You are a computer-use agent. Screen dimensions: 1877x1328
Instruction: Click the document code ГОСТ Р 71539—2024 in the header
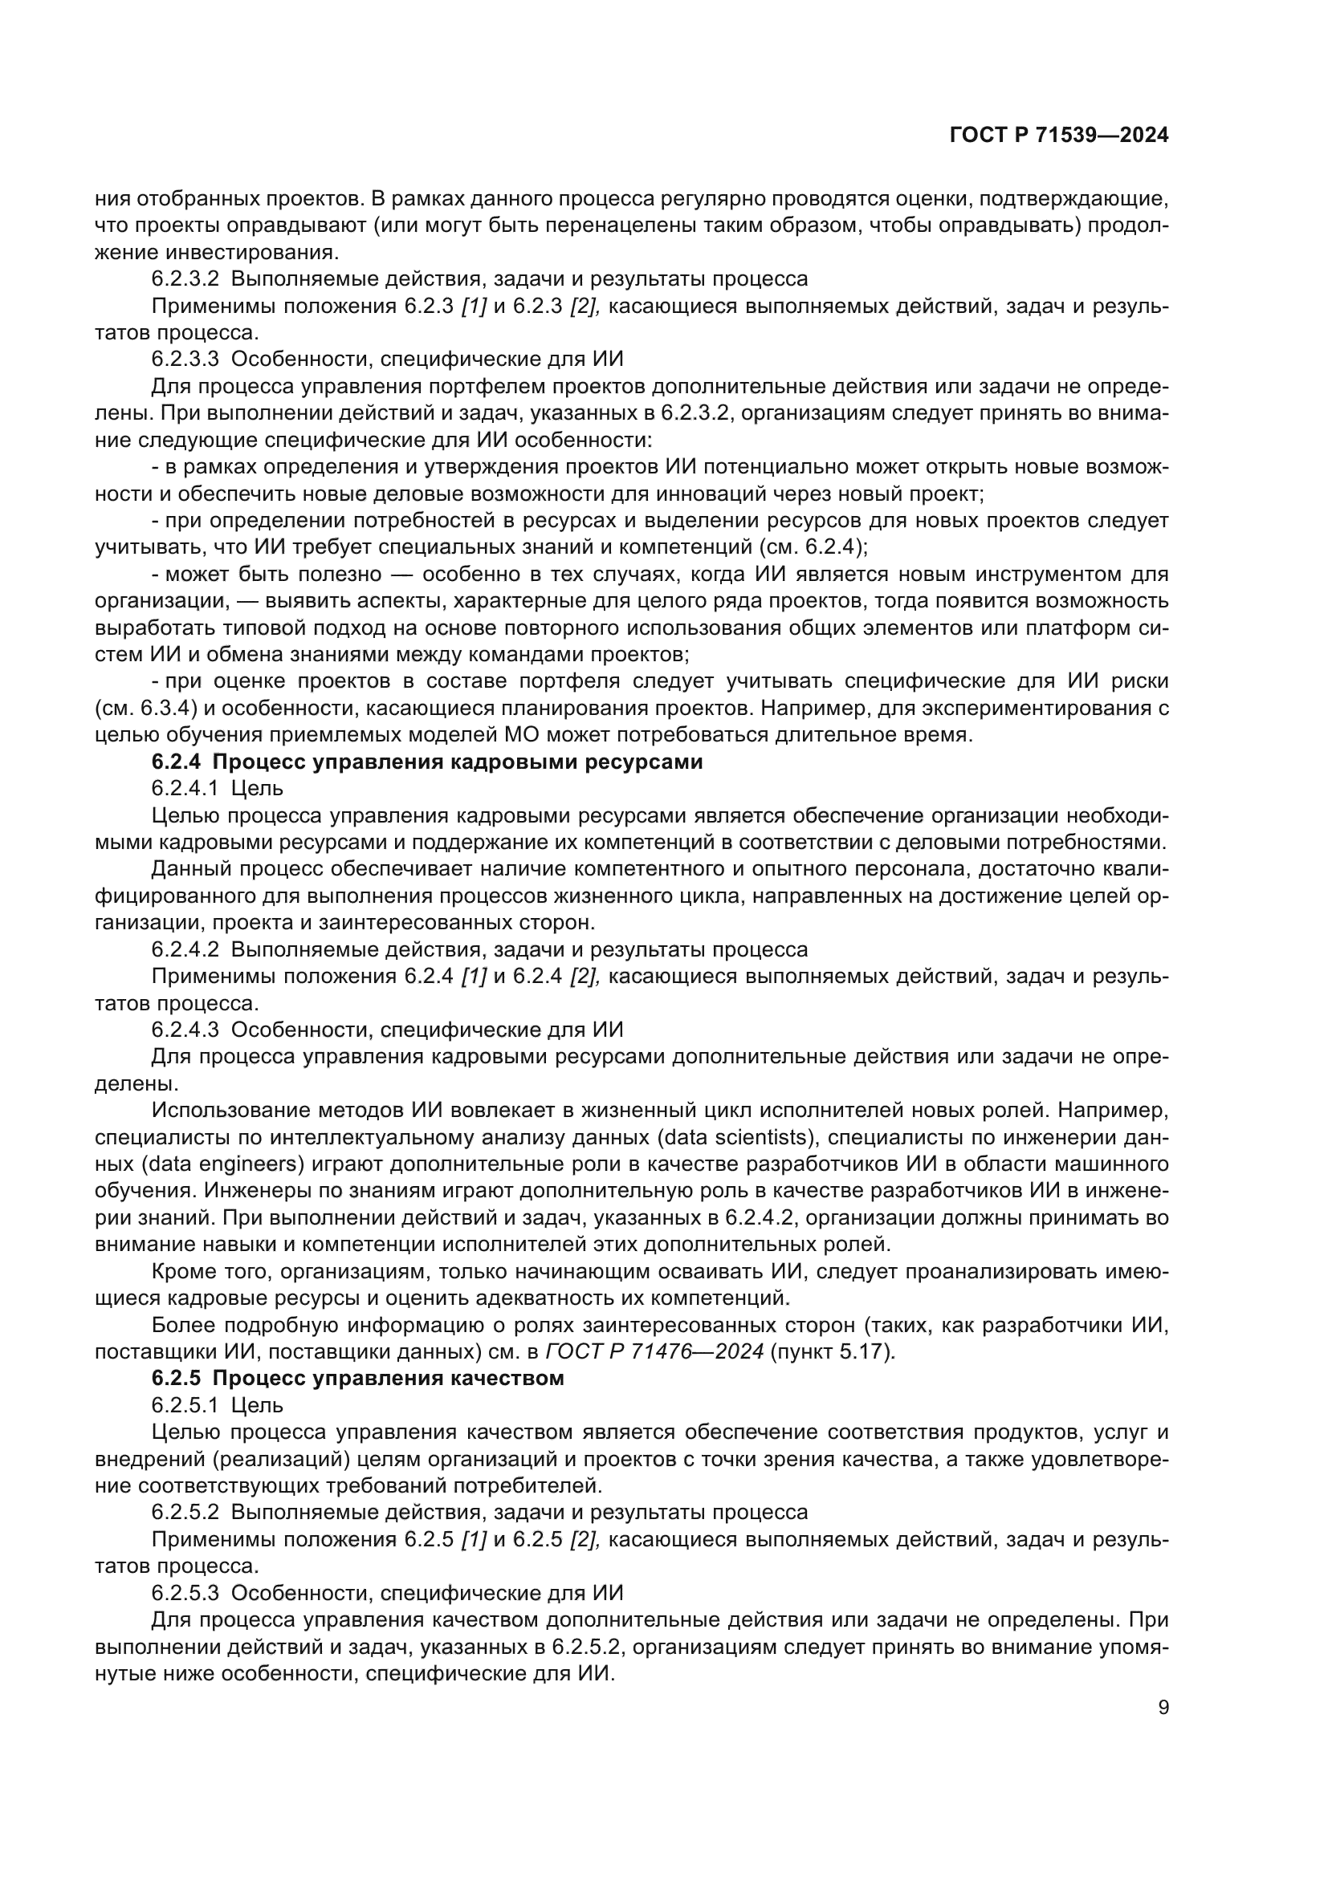pyautogui.click(x=1059, y=136)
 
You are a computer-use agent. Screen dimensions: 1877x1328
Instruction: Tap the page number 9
pyautogui.click(x=1163, y=1708)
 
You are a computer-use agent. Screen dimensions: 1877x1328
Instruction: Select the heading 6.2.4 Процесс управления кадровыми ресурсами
pyautogui.click(x=427, y=762)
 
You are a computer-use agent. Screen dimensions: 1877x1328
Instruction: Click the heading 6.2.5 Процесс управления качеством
pyautogui.click(x=357, y=1379)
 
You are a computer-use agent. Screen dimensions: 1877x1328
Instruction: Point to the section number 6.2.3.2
pyautogui.click(x=185, y=278)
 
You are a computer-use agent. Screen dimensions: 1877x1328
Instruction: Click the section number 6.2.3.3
pyautogui.click(x=185, y=359)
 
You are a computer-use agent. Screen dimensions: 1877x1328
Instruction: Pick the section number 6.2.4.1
pyautogui.click(x=185, y=789)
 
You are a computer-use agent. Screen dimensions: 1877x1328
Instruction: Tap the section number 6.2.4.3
pyautogui.click(x=185, y=1030)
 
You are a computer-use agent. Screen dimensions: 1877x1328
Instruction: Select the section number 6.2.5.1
pyautogui.click(x=185, y=1405)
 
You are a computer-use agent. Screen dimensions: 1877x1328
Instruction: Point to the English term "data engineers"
pyautogui.click(x=215, y=1164)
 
